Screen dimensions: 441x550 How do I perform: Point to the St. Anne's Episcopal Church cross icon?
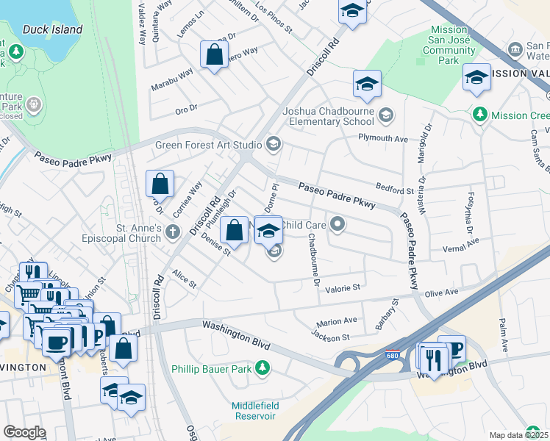click(173, 233)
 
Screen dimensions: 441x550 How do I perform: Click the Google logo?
click(24, 432)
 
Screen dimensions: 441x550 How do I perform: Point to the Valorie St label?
click(343, 288)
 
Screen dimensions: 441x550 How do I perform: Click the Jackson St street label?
click(329, 337)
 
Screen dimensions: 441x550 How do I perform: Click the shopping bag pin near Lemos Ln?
click(213, 55)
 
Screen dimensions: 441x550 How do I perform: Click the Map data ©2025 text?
click(518, 435)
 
